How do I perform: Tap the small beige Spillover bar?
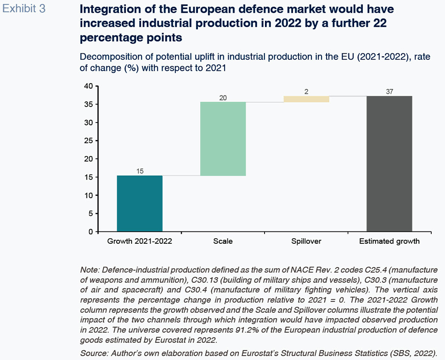pyautogui.click(x=306, y=99)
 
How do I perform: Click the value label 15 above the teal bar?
pyautogui.click(x=140, y=171)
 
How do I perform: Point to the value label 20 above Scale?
pyautogui.click(x=223, y=97)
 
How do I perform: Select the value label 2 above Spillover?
pyautogui.click(x=306, y=91)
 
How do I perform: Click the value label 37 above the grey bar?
pyautogui.click(x=389, y=91)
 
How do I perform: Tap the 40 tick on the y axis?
pyautogui.click(x=89, y=86)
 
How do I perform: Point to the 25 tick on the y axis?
pyautogui.click(x=89, y=141)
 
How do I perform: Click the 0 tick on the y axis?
pyautogui.click(x=90, y=232)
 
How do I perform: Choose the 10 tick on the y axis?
pyautogui.click(x=89, y=196)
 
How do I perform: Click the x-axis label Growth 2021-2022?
pyautogui.click(x=140, y=242)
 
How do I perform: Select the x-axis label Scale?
pyautogui.click(x=223, y=242)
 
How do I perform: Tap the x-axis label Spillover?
pyautogui.click(x=306, y=242)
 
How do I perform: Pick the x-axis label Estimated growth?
pyautogui.click(x=389, y=242)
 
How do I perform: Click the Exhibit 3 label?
pyautogui.click(x=24, y=9)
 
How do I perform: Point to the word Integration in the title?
pyautogui.click(x=108, y=9)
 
